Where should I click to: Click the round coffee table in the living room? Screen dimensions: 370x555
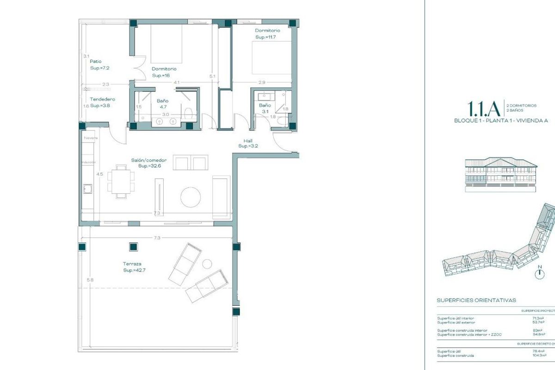coord(191,197)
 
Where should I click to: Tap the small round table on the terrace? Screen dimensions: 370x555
coord(207,264)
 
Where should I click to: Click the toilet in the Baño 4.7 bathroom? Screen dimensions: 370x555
coord(188,112)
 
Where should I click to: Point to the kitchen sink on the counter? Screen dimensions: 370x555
coord(87,188)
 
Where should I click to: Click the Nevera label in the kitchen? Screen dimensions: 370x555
coord(89,138)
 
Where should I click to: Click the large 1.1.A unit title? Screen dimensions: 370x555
coord(484,109)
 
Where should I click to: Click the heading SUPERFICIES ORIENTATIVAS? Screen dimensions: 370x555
coord(476,300)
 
